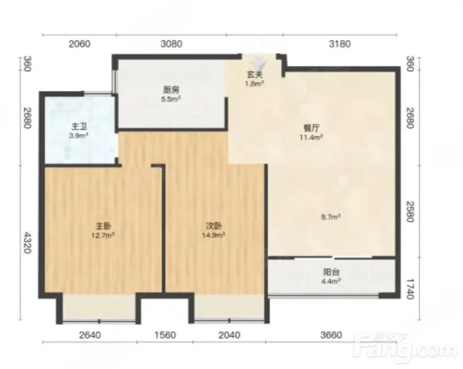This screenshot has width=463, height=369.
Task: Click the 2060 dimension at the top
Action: (79, 44)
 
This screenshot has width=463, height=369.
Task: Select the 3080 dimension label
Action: (171, 44)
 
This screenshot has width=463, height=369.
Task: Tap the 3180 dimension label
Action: (340, 44)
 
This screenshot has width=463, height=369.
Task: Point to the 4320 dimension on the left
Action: (27, 243)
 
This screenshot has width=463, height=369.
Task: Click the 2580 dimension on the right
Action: (410, 211)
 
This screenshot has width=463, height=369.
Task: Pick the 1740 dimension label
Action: (410, 289)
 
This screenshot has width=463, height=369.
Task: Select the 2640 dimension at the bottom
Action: (90, 335)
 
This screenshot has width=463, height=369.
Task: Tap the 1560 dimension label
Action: (165, 335)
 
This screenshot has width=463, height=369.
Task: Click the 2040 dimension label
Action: (229, 335)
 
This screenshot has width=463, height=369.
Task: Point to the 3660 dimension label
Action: (331, 335)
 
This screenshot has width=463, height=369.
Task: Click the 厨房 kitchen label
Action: (171, 90)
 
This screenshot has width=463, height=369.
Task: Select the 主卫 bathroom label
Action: (79, 126)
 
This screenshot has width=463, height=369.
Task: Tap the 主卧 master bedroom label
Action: (103, 226)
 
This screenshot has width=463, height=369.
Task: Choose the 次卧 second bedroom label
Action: (214, 226)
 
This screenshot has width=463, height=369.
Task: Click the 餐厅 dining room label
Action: (311, 128)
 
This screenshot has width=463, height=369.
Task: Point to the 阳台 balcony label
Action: (331, 272)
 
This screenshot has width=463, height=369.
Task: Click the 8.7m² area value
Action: (331, 217)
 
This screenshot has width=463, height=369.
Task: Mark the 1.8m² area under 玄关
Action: (255, 83)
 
